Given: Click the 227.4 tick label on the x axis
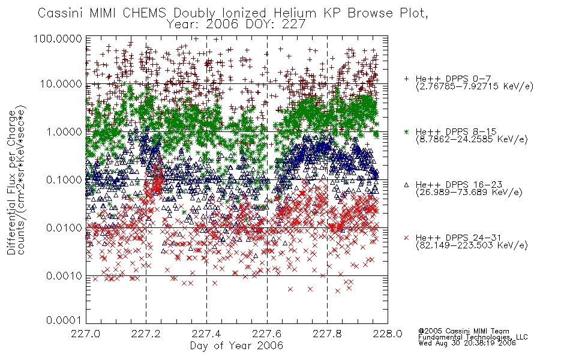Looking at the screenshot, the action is coord(206,334).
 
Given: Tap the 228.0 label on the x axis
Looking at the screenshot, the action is coord(388,334).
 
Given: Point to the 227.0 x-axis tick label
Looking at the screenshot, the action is coord(86,334).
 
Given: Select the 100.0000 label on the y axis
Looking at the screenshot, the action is coord(58,38).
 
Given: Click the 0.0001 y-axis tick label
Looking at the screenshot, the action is coord(64,320).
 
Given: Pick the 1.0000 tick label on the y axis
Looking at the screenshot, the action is coord(64,131).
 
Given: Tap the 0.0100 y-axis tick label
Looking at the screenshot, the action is coord(64,228).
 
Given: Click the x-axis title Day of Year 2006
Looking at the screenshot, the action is coord(236,346).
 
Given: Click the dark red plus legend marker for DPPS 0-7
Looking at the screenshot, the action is coord(406,79).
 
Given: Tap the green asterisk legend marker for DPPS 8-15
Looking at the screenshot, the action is coord(406,131).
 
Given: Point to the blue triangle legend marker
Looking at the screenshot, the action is coord(406,185).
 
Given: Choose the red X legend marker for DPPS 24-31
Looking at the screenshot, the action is coord(406,238).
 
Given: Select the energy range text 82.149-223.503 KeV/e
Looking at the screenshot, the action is coord(472,245).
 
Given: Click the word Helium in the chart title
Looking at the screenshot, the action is coord(295,13).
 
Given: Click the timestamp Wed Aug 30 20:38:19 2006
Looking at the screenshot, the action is coord(467,343).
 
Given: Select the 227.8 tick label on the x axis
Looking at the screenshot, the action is coord(327,334).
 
